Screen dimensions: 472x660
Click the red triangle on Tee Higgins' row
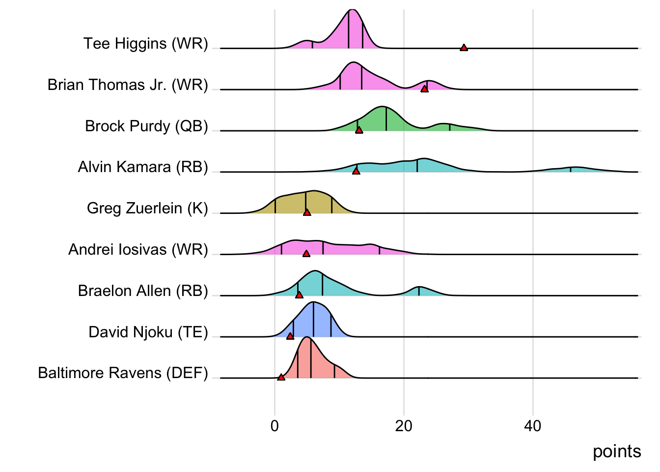coord(464,48)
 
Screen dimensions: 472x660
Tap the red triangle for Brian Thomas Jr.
coord(424,89)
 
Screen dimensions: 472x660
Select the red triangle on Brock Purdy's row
coord(359,130)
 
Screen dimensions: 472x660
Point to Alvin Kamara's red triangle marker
coord(356,171)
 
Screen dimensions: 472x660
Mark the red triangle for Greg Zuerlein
coord(307,212)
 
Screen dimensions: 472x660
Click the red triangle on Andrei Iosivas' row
coord(306,254)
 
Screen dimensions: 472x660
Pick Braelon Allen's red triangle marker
coord(299,295)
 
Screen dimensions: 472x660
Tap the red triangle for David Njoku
coord(290,336)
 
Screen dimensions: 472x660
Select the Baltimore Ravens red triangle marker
coord(281,377)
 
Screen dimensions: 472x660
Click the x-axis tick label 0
coord(275,425)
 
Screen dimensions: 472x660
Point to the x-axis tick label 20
coord(404,425)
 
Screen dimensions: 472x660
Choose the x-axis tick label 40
coord(533,425)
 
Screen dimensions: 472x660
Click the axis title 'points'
coord(617,451)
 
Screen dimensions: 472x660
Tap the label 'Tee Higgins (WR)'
coord(146,44)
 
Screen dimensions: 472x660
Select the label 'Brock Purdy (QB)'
coord(146,126)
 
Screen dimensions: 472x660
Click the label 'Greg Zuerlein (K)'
coord(147,208)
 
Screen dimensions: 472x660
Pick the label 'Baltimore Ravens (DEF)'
coord(123,373)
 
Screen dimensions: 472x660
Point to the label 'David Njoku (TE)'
coord(148,332)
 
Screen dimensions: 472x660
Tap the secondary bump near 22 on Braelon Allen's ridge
coord(419,291)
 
